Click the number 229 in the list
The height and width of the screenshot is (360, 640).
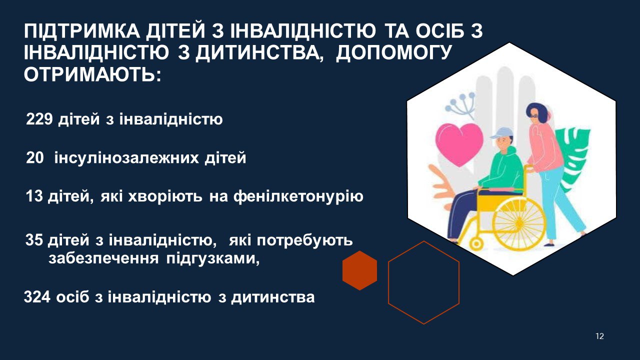39,119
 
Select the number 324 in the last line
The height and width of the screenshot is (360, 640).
37,297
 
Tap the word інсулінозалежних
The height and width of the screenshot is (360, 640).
126,158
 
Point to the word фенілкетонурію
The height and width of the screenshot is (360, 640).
298,196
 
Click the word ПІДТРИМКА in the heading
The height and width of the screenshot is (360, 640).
81,31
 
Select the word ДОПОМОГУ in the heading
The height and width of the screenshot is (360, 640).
393,53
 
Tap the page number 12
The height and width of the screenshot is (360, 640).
599,336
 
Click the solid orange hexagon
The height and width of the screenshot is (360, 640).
359,270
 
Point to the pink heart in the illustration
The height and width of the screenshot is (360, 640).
459,144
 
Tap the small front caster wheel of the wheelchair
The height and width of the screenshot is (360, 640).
476,244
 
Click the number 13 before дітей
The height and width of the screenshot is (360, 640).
34,196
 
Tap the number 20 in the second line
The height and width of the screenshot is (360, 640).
35,157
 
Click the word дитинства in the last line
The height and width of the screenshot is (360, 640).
273,297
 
